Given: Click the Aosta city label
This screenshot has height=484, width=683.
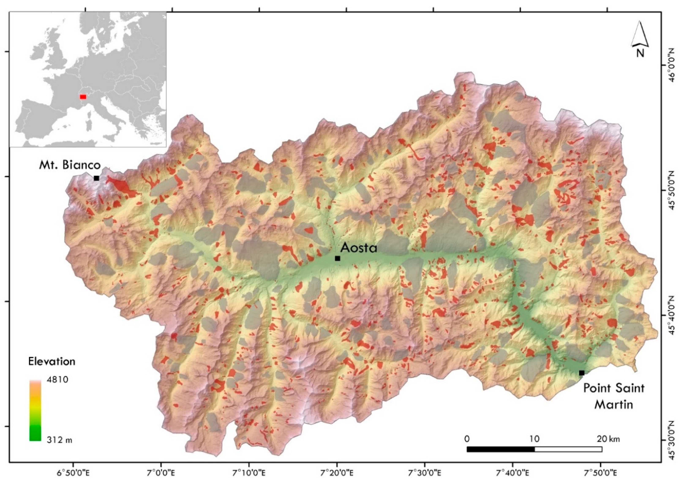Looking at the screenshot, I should click(x=359, y=247).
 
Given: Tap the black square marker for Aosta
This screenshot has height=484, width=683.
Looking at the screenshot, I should click(x=337, y=258).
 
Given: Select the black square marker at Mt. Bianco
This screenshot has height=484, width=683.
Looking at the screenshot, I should click(x=96, y=178).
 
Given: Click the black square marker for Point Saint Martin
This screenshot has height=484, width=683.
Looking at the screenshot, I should click(x=582, y=373).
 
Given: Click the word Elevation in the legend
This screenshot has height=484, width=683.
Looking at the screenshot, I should click(x=52, y=361).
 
